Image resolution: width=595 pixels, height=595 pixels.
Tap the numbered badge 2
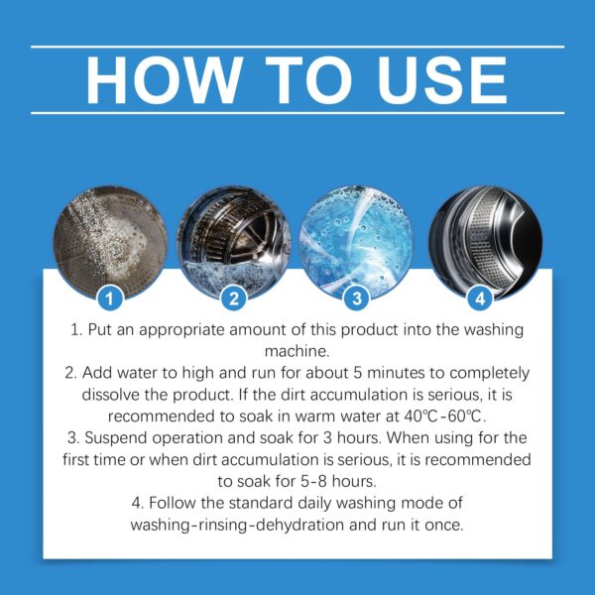tap(234, 296)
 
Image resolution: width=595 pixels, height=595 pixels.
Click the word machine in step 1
tap(297, 352)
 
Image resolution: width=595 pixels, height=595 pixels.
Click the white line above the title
tap(297, 46)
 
